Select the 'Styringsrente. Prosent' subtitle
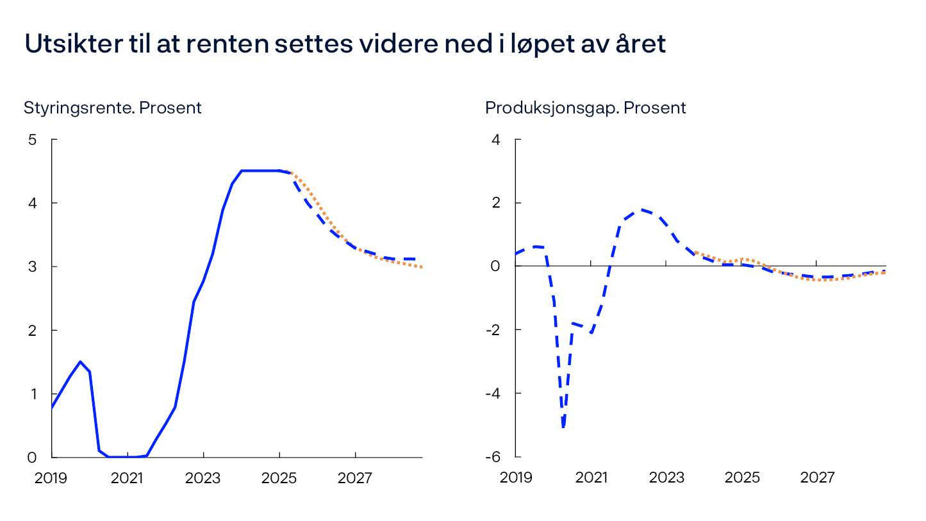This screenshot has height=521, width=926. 113,108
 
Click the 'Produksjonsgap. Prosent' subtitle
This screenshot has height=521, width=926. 585,108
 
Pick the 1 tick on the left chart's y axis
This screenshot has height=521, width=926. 33,393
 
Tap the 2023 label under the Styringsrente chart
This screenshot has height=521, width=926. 203,478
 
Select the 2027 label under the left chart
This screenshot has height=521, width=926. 355,478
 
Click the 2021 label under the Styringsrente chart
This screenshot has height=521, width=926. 127,478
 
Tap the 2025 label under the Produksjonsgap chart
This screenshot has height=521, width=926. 742,478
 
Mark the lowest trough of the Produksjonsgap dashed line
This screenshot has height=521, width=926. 563,427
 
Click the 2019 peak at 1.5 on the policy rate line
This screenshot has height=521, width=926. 80,361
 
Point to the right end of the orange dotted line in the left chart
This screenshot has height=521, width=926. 422,267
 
